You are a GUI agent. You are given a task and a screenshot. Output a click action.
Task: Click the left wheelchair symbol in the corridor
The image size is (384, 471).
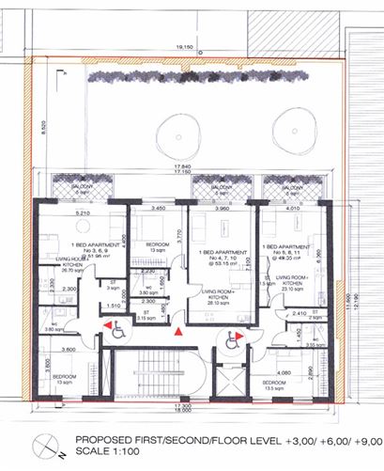118,330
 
